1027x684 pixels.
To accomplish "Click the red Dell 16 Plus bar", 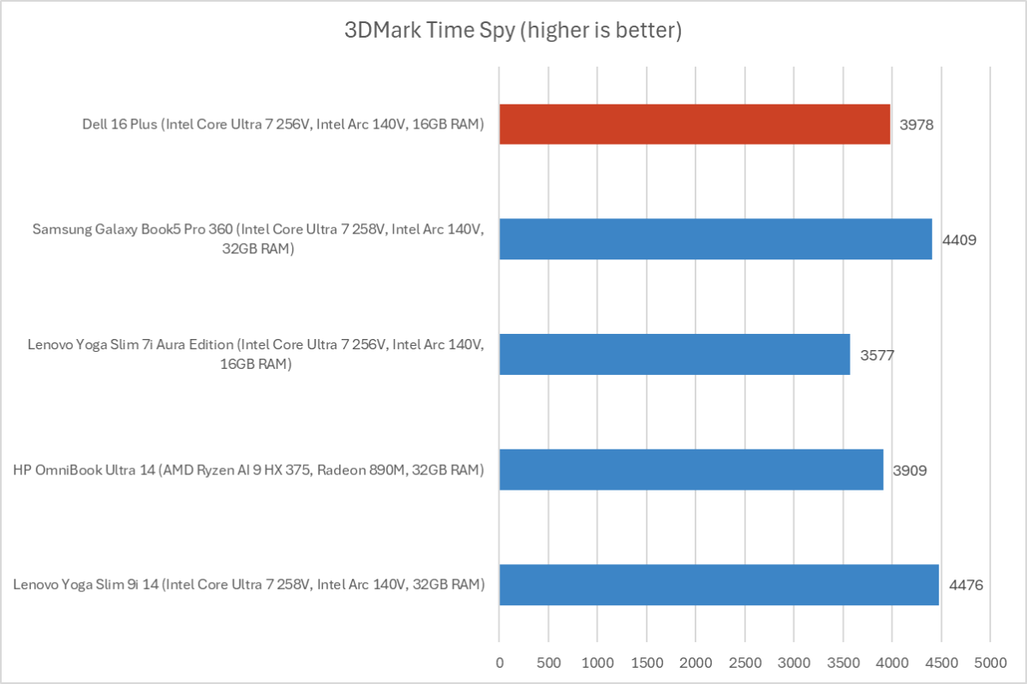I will click(695, 124).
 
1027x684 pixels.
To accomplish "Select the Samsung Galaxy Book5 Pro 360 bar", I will click(715, 239).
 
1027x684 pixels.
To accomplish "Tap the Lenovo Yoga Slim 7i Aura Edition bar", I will click(675, 354).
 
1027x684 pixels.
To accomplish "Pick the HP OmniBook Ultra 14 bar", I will click(691, 469).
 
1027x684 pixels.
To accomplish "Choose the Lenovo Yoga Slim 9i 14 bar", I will click(719, 585).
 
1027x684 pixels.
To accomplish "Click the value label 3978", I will click(917, 125).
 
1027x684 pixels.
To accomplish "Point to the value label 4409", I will click(958, 240).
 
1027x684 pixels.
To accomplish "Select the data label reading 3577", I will click(877, 354).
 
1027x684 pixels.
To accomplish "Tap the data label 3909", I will click(910, 470).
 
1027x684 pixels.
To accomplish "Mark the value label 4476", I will click(965, 586).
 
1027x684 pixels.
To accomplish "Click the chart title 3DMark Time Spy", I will click(513, 32).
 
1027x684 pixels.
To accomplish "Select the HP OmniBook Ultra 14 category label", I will click(248, 470).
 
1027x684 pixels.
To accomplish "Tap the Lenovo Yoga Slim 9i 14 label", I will click(249, 586).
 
